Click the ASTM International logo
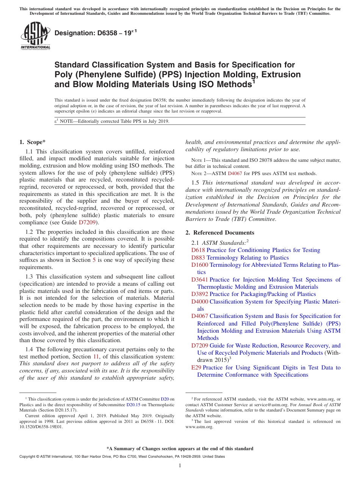point(35,36)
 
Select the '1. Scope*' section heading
point(32,142)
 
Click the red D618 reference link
point(198,250)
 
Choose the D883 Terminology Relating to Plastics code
point(198,258)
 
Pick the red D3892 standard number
point(200,294)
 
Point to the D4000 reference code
point(200,302)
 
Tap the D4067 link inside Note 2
point(234,173)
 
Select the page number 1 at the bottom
point(180,466)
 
